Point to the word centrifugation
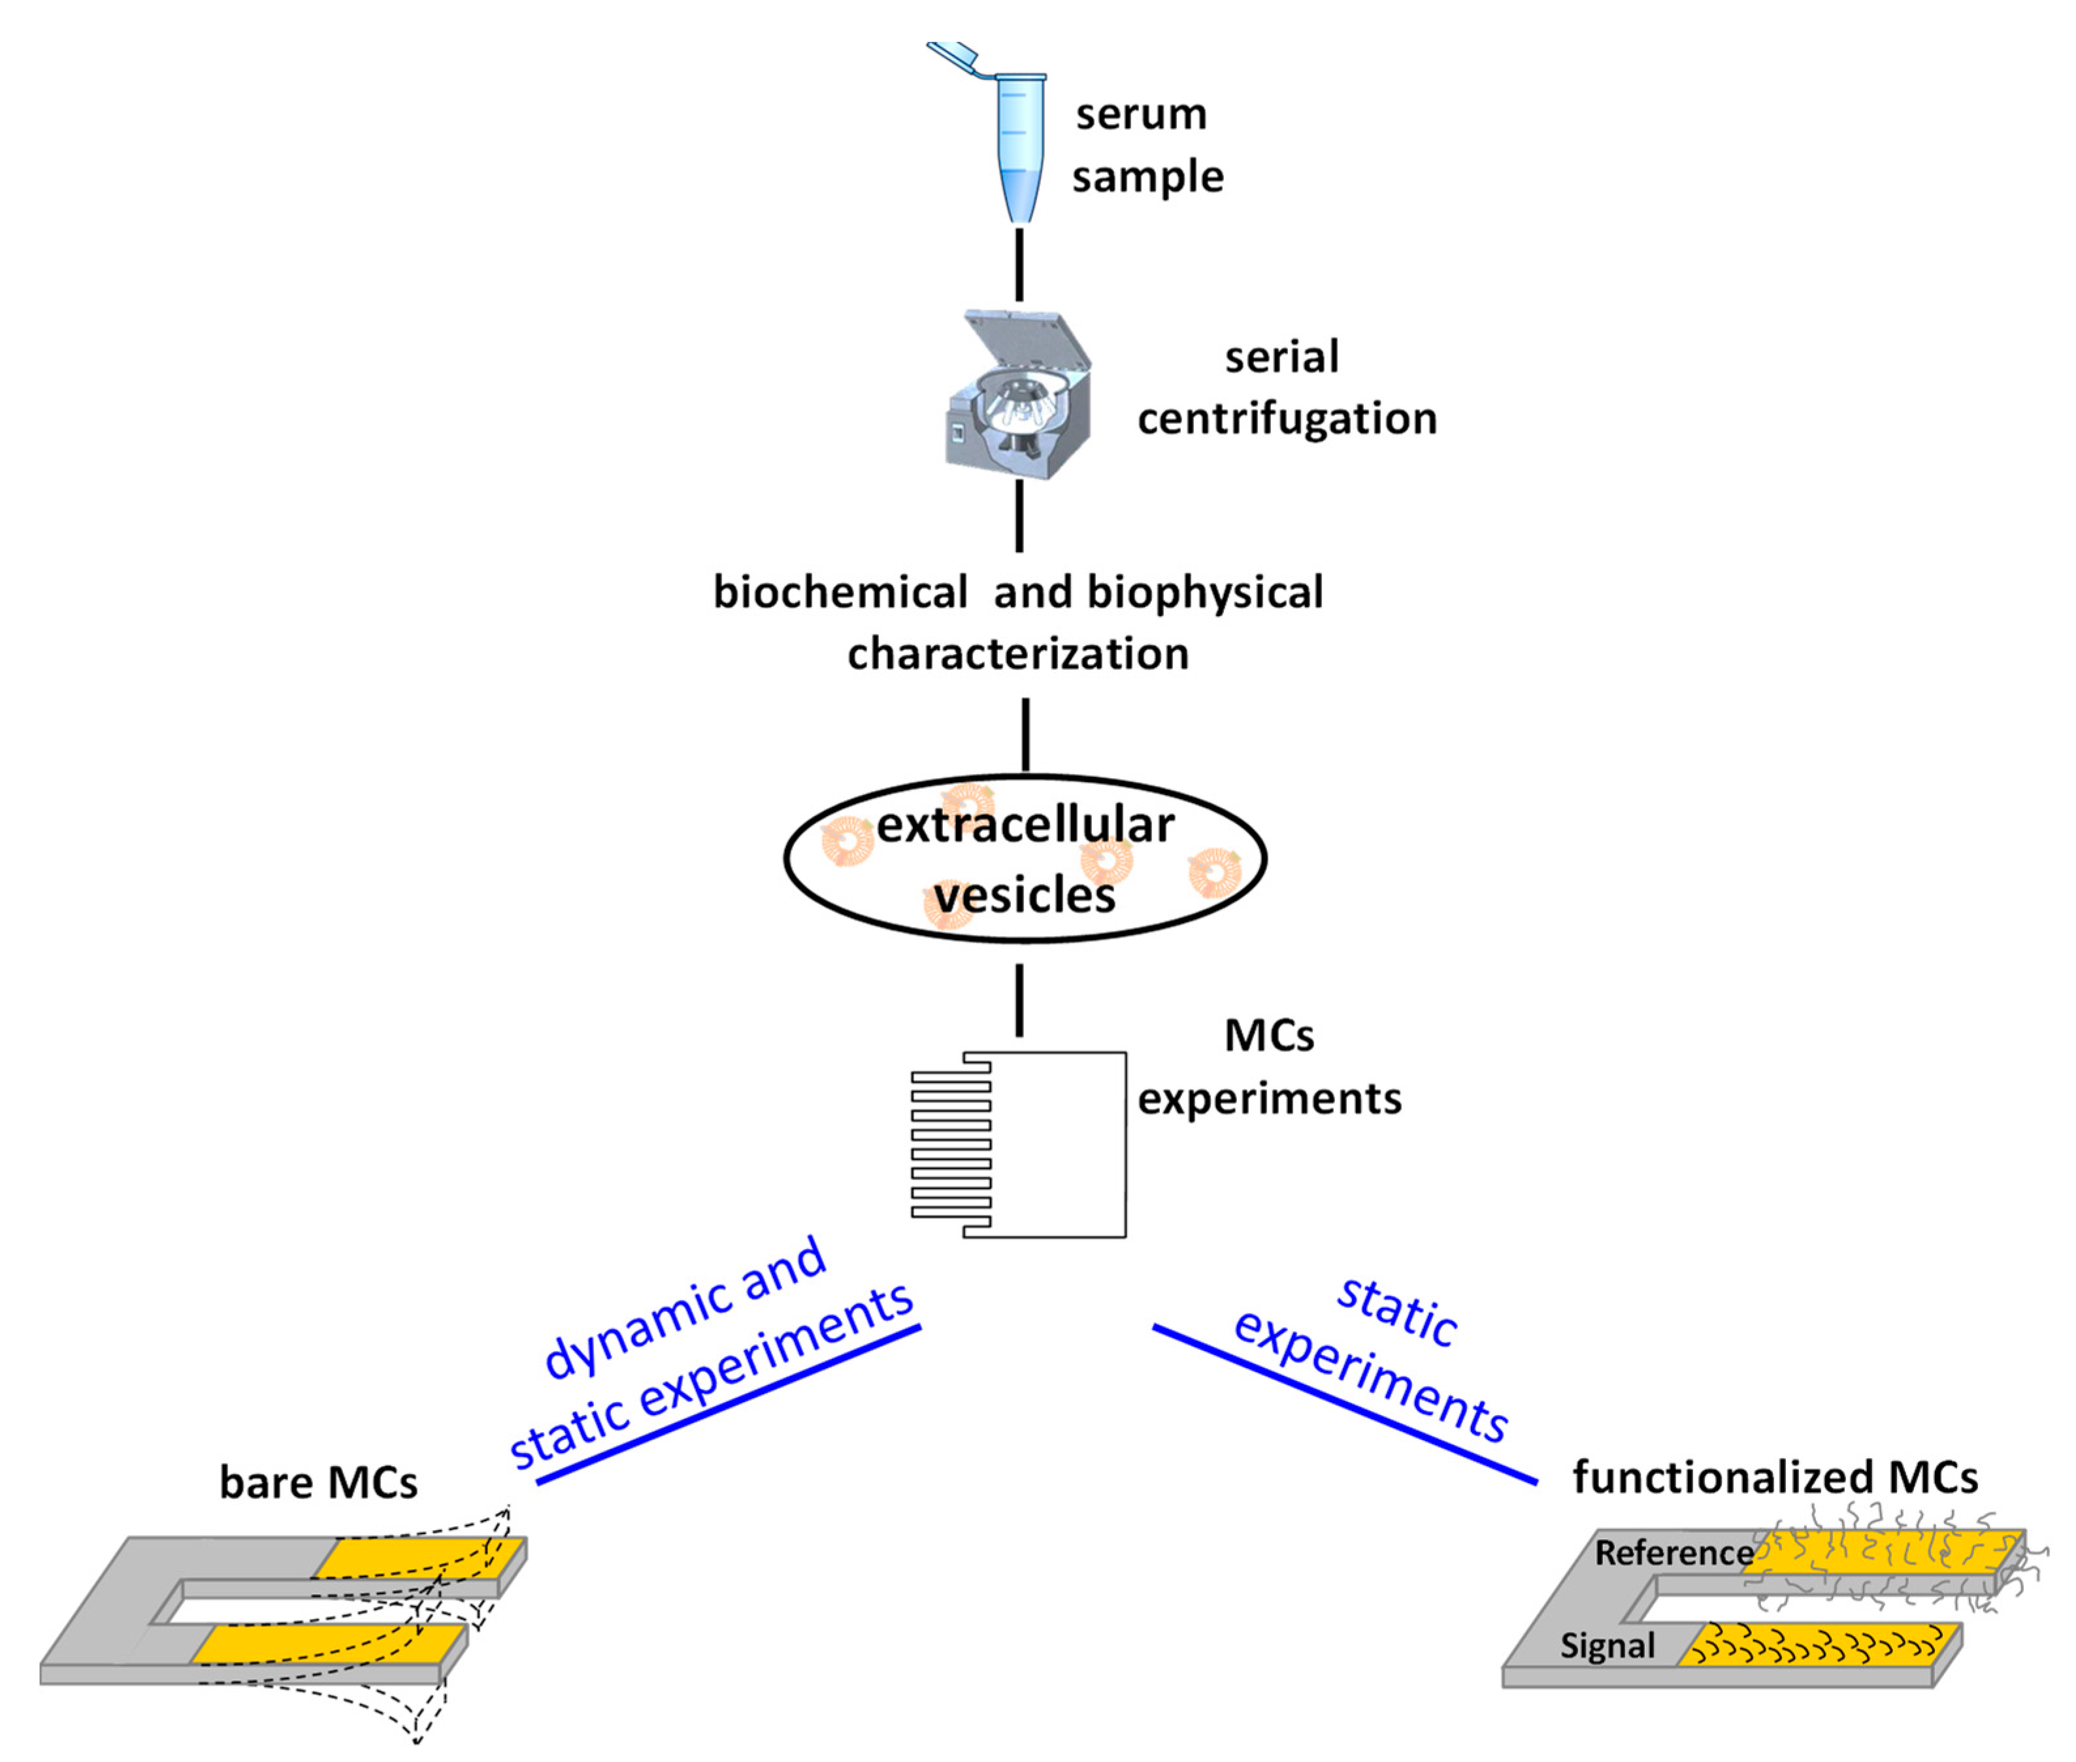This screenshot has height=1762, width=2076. pyautogui.click(x=1287, y=417)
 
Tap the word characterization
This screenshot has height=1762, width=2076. pyautogui.click(x=1017, y=653)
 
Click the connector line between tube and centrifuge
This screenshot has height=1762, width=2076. pyautogui.click(x=1019, y=264)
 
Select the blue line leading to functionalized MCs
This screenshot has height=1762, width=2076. pyautogui.click(x=1343, y=1403)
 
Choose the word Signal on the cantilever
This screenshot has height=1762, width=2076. pyautogui.click(x=1606, y=1645)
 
